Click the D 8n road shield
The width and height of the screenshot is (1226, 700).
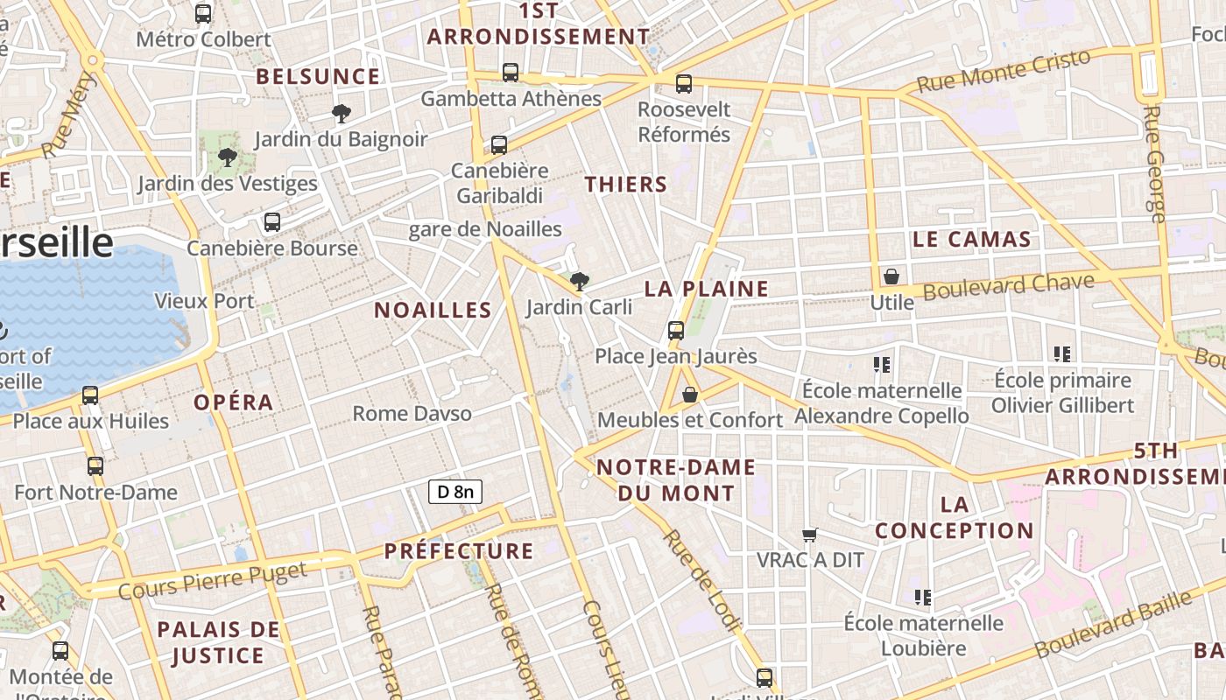455,492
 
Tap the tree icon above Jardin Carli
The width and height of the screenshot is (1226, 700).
578,281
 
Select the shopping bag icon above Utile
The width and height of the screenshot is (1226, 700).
891,276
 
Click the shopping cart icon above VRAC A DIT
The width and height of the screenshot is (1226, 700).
810,534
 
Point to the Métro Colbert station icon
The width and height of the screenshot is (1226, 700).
203,14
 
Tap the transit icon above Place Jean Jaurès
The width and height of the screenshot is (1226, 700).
675,330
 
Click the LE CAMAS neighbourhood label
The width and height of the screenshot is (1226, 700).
971,239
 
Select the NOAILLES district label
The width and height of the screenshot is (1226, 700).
433,310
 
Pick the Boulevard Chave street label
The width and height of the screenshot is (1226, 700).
1009,286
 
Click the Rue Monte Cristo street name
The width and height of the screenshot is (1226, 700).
1004,70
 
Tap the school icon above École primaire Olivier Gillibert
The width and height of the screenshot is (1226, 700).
1062,354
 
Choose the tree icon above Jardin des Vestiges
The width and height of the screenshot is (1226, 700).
228,158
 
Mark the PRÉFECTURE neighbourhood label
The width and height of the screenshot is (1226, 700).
459,550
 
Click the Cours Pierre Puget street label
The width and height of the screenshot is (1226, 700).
213,580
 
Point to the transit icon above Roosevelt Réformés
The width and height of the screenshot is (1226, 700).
684,84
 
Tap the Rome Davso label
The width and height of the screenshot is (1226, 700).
412,413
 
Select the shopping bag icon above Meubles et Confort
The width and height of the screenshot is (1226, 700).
690,395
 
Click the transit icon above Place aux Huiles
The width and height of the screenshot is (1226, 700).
90,395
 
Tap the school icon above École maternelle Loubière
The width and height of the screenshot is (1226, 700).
922,598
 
